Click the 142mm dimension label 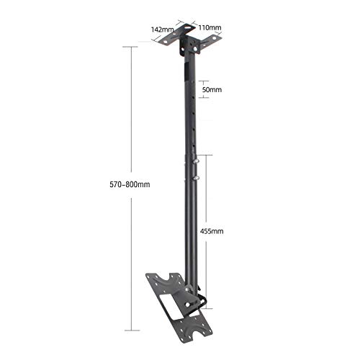tap(162, 30)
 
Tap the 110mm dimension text tap(210, 27)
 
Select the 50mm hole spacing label tap(212, 90)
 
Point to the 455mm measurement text tap(212, 231)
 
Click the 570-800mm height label tap(130, 184)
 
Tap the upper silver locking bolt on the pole tap(196, 161)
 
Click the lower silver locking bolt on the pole tap(197, 178)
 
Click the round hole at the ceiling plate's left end tap(165, 42)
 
